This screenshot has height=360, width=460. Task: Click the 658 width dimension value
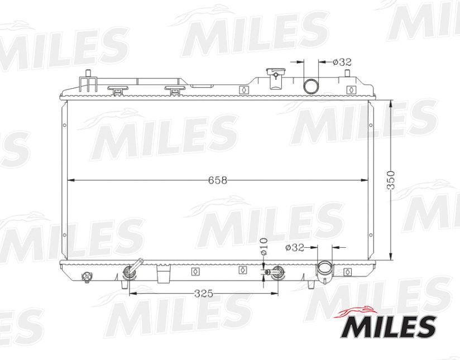click(x=218, y=180)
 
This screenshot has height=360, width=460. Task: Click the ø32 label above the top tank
click(x=342, y=63)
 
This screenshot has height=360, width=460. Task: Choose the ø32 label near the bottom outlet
click(x=294, y=248)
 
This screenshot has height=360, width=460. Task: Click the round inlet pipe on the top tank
click(x=310, y=86)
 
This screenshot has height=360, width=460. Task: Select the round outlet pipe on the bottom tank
click(x=324, y=268)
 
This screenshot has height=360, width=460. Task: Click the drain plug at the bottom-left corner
click(x=86, y=276)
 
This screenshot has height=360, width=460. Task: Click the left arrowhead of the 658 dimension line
click(x=70, y=180)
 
